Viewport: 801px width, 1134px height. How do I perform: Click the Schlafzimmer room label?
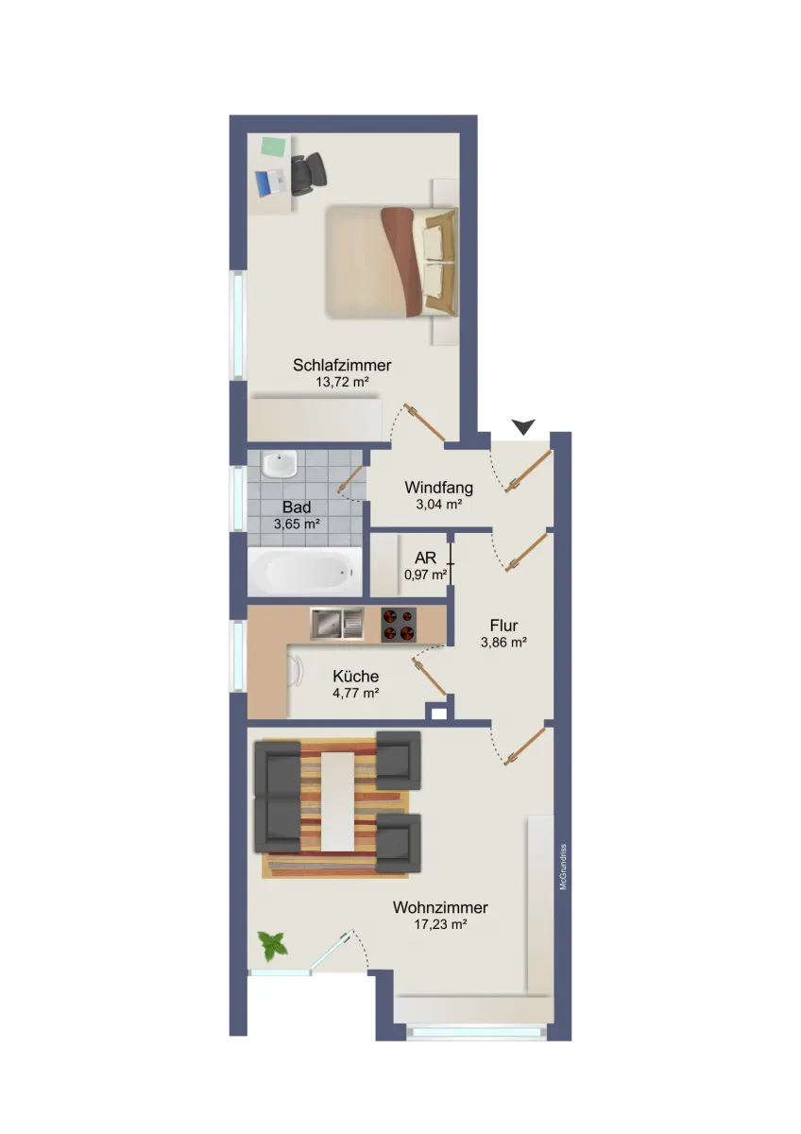[x=342, y=365]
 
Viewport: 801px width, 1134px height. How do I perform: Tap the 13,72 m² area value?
[x=342, y=382]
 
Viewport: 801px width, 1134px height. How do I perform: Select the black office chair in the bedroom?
[x=308, y=174]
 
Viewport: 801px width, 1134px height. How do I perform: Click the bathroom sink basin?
[x=279, y=464]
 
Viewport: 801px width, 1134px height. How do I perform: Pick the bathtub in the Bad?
[x=304, y=572]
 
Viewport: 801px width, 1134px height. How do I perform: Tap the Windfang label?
[x=438, y=488]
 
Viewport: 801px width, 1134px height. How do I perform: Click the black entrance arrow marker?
[x=523, y=426]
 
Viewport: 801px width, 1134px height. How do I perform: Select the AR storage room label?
[x=425, y=558]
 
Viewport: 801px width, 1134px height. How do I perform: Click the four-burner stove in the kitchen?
[x=399, y=625]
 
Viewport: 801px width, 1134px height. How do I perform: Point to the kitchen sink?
[x=337, y=624]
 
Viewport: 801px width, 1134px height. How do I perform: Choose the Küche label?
[x=356, y=677]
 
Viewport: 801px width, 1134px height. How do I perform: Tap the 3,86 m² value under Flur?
[x=503, y=643]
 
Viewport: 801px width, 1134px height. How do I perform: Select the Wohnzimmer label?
[x=440, y=907]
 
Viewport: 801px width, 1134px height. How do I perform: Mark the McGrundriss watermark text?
[x=563, y=867]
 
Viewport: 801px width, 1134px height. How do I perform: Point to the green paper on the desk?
[x=273, y=146]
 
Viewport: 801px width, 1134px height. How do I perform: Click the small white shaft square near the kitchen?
[x=438, y=713]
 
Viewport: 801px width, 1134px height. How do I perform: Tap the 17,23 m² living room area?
[x=440, y=924]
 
